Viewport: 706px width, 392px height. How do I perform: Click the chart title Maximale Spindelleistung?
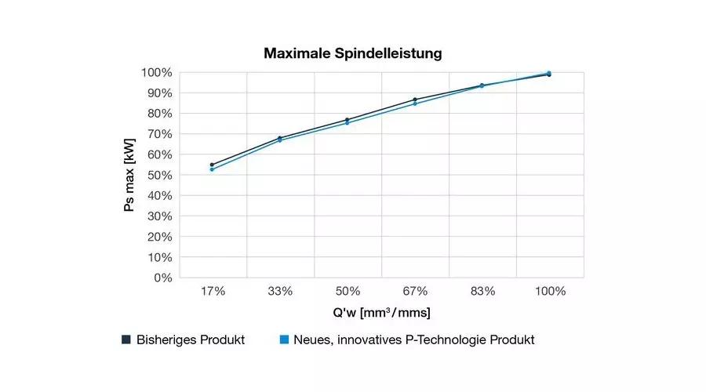pyautogui.click(x=353, y=54)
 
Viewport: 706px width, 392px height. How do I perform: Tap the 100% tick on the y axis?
pyautogui.click(x=157, y=73)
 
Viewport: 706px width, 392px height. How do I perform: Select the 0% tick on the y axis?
pyautogui.click(x=162, y=278)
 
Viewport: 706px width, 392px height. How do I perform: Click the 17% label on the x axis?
pyautogui.click(x=213, y=292)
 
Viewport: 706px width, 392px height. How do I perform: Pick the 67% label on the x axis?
pyautogui.click(x=415, y=292)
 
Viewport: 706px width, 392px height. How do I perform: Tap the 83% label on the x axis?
pyautogui.click(x=482, y=292)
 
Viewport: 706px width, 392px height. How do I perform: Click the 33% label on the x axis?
pyautogui.click(x=280, y=292)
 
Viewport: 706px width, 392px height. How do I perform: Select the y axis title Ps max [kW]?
pyautogui.click(x=130, y=176)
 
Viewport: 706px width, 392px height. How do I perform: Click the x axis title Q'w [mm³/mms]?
pyautogui.click(x=381, y=313)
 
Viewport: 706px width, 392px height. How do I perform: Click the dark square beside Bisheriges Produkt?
pyautogui.click(x=126, y=339)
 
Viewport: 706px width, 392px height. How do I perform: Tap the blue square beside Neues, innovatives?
pyautogui.click(x=286, y=339)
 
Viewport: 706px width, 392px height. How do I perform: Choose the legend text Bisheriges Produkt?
pyautogui.click(x=191, y=340)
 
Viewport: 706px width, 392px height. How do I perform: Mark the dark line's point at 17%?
pyautogui.click(x=212, y=165)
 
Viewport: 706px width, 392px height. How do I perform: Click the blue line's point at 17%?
pyautogui.click(x=212, y=169)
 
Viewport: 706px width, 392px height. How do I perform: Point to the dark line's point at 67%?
pyautogui.click(x=415, y=100)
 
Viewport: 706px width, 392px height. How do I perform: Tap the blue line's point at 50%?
pyautogui.click(x=348, y=123)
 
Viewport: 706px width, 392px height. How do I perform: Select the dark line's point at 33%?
pyautogui.click(x=280, y=138)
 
